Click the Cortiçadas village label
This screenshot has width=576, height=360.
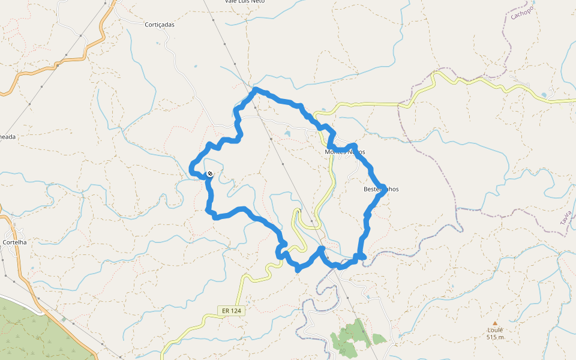pyautogui.click(x=160, y=25)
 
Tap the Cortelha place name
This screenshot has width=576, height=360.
pyautogui.click(x=15, y=242)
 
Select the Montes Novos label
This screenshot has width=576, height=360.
pyautogui.click(x=344, y=152)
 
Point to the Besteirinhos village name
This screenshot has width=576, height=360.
pyautogui.click(x=381, y=189)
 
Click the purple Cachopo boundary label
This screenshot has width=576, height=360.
pyautogui.click(x=522, y=11)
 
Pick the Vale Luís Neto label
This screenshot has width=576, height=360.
pyautogui.click(x=245, y=2)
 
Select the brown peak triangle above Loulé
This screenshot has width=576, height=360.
pyautogui.click(x=495, y=323)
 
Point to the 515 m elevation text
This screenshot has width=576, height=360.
pyautogui.click(x=495, y=337)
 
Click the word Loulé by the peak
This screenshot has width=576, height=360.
pyautogui.click(x=495, y=330)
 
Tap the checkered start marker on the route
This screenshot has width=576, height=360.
pyautogui.click(x=209, y=174)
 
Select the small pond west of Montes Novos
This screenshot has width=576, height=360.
pyautogui.click(x=287, y=133)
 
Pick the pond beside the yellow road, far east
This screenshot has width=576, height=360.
pyautogui.click(x=544, y=95)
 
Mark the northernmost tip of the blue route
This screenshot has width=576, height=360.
pyautogui.click(x=256, y=89)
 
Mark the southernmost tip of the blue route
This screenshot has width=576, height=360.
pyautogui.click(x=298, y=269)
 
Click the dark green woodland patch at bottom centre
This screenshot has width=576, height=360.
pyautogui.click(x=351, y=336)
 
